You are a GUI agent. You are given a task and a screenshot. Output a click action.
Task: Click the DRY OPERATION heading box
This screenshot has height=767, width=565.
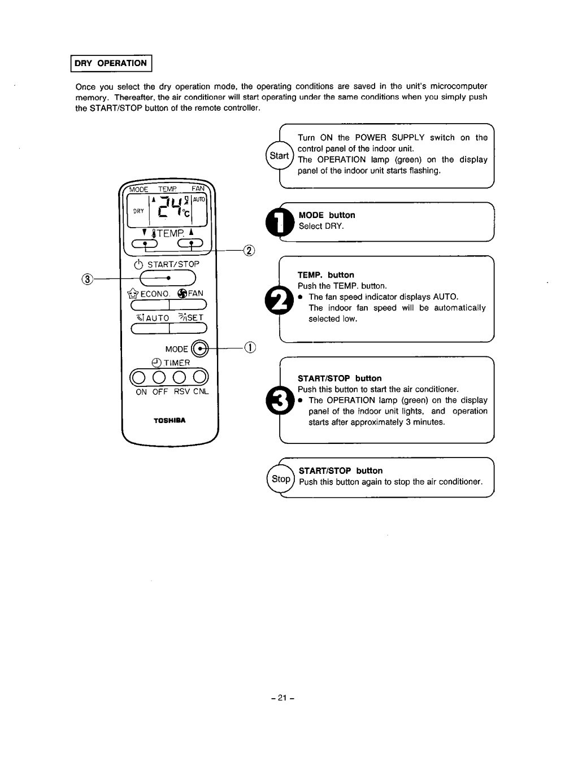pyautogui.click(x=111, y=63)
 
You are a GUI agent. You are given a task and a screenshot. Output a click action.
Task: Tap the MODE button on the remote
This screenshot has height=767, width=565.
pyautogui.click(x=199, y=348)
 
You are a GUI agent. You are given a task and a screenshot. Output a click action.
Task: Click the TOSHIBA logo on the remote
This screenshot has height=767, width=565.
pyautogui.click(x=169, y=420)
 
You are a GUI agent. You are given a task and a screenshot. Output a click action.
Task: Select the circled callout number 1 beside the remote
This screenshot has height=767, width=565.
pyautogui.click(x=250, y=348)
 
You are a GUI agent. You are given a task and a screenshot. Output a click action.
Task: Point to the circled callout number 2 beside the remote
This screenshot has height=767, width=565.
pyautogui.click(x=249, y=250)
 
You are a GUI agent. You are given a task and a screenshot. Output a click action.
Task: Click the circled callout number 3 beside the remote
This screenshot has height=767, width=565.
pyautogui.click(x=86, y=278)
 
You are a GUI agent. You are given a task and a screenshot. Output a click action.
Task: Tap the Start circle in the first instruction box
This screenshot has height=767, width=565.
pyautogui.click(x=279, y=155)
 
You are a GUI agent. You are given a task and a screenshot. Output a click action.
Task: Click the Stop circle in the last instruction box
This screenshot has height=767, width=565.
pyautogui.click(x=280, y=480)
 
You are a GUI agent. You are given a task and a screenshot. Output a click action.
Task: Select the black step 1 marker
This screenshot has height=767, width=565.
pyautogui.click(x=280, y=221)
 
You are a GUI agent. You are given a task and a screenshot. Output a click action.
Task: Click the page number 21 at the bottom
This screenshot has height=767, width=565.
pyautogui.click(x=282, y=698)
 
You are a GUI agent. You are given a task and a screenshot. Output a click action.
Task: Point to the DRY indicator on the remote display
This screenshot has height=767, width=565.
pyautogui.click(x=138, y=211)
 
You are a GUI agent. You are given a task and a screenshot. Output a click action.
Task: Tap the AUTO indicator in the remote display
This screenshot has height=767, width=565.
pyautogui.click(x=199, y=199)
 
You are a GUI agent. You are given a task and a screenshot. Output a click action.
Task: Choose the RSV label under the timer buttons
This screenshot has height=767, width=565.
pyautogui.click(x=182, y=391)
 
